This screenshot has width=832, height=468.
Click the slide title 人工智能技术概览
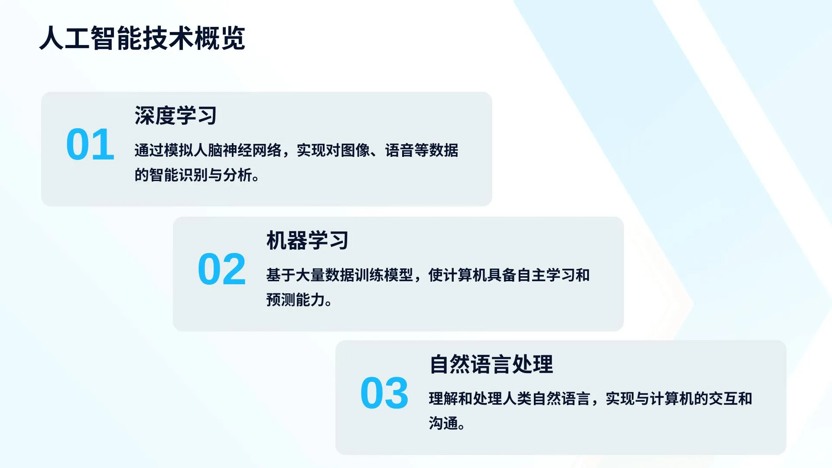coord(142,38)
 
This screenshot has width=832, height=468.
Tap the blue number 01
coord(90,145)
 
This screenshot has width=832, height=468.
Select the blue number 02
coord(222,270)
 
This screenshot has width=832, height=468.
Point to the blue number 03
coord(384,393)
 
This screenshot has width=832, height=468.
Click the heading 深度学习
coord(175,116)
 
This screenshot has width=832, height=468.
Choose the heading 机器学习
coord(307,240)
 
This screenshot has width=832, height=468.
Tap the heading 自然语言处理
coord(491,364)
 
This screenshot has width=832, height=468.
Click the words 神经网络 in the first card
coord(252,150)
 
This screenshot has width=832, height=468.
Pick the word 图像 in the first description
coord(355,150)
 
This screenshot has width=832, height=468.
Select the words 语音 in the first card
coord(400,150)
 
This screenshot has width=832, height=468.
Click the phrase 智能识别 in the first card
coord(179,175)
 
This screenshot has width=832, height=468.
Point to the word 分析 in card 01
coord(237,175)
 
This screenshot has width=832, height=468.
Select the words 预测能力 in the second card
coord(296,300)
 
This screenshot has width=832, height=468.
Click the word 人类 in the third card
coord(517,399)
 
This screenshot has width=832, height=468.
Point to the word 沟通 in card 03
coord(443,423)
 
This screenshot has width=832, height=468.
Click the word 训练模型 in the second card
coord(384,275)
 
